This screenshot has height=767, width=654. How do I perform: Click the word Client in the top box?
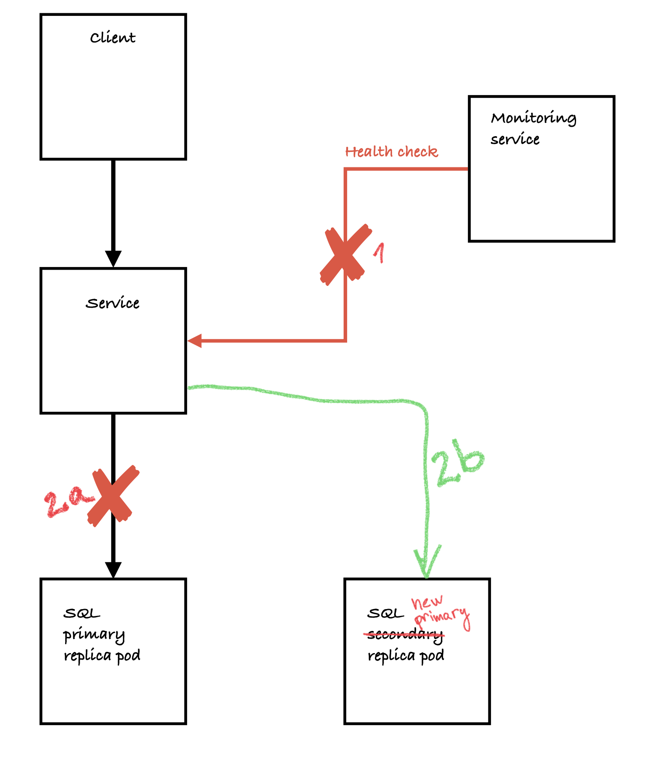[113, 38]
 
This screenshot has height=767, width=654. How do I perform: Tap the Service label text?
[113, 303]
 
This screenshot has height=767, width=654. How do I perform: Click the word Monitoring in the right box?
[533, 118]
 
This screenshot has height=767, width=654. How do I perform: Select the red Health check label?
[391, 152]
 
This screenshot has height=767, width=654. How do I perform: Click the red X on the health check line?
[345, 254]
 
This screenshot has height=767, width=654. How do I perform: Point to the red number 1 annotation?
[379, 253]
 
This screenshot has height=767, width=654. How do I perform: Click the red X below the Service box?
[113, 496]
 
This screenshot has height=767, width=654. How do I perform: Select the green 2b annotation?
[457, 463]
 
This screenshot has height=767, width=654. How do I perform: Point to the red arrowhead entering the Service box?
[195, 341]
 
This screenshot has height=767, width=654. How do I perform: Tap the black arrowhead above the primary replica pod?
[113, 570]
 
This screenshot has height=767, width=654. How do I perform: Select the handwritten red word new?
[427, 603]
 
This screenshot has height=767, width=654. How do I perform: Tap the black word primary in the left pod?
[94, 635]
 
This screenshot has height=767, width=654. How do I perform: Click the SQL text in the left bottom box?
[81, 614]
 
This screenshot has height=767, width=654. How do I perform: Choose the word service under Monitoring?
[515, 140]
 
